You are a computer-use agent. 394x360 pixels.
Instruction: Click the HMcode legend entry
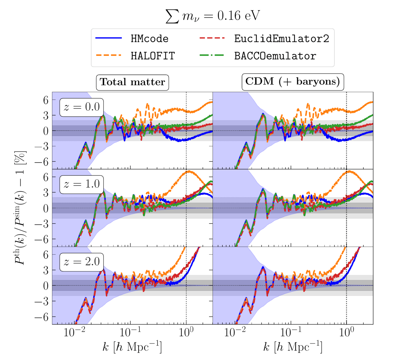pyautogui.click(x=149, y=39)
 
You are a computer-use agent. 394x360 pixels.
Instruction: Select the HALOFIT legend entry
pyautogui.click(x=152, y=56)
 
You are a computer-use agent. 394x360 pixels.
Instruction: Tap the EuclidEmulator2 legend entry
pyautogui.click(x=282, y=39)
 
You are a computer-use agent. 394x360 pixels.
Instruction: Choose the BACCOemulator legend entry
pyautogui.click(x=275, y=56)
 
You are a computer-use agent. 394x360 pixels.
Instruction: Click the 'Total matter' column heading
pyautogui.click(x=132, y=82)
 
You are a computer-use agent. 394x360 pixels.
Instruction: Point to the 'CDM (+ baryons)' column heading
pyautogui.click(x=293, y=82)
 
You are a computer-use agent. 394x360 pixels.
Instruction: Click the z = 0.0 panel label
pyautogui.click(x=82, y=107)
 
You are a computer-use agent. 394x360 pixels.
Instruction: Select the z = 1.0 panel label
pyautogui.click(x=82, y=184)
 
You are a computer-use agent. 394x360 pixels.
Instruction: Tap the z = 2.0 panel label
pyautogui.click(x=82, y=262)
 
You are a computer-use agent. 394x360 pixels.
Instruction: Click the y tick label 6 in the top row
pyautogui.click(x=46, y=100)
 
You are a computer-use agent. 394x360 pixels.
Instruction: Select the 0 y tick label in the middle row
pyautogui.click(x=46, y=208)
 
